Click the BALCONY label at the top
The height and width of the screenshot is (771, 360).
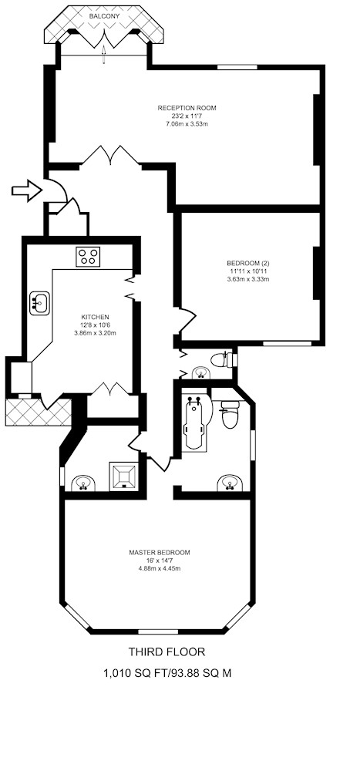tap(104, 16)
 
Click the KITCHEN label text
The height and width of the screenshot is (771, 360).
tap(95, 317)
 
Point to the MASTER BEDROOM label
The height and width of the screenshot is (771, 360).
tap(160, 552)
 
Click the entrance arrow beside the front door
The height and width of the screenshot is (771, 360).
tap(27, 190)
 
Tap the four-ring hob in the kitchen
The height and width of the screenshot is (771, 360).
tap(88, 256)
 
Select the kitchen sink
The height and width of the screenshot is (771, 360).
tap(39, 303)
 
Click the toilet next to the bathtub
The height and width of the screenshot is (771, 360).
tap(230, 414)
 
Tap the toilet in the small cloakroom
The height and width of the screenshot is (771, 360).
tap(222, 359)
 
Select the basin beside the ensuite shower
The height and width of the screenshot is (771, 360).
tap(83, 483)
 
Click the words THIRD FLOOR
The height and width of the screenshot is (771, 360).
tap(167, 652)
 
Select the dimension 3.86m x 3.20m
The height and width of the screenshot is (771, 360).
tap(95, 332)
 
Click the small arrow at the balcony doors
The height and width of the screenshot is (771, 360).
tap(104, 55)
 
